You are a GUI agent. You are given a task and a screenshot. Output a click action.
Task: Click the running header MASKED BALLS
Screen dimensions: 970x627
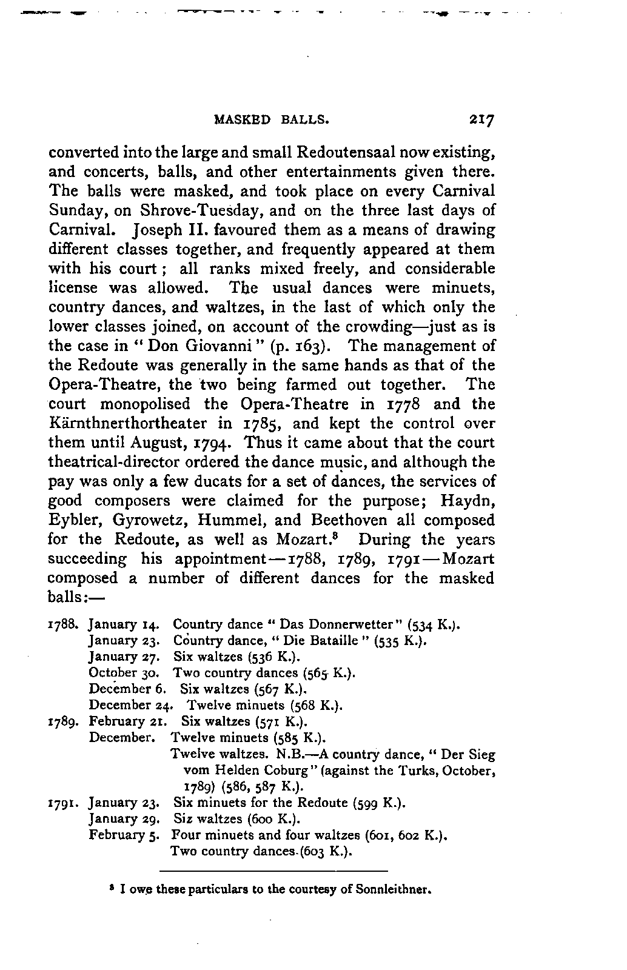point(272,120)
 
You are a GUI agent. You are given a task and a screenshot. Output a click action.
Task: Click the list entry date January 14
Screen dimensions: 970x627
point(124,624)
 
